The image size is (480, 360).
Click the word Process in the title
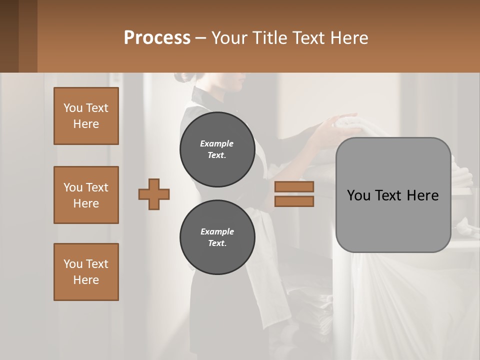coord(157,38)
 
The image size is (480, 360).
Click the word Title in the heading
coord(270,38)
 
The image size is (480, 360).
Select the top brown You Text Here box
coord(86,116)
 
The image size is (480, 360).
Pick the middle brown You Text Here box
coord(86,195)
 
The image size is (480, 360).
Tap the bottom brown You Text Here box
coord(86,272)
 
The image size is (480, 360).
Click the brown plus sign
coord(154,194)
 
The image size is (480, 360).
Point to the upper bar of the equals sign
coord(294,186)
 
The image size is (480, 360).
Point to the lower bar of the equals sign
coord(294,201)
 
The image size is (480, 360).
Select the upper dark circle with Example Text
coord(217,149)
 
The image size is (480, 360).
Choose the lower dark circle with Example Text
coord(217,237)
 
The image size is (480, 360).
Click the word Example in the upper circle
coord(217,143)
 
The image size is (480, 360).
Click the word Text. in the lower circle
coord(217,243)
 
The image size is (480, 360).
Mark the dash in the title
coord(201,38)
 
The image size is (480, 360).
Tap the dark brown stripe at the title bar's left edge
coord(9,36)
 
